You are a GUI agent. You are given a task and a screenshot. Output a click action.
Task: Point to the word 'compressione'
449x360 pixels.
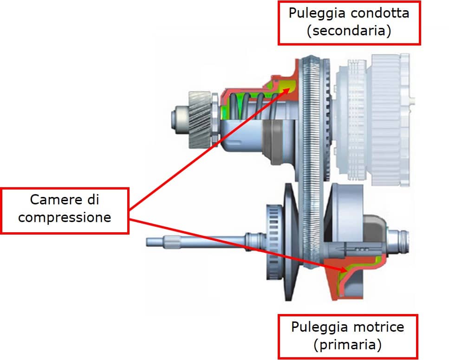[x=65, y=217]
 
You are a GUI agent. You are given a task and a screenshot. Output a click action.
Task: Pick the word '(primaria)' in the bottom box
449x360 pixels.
[x=348, y=345]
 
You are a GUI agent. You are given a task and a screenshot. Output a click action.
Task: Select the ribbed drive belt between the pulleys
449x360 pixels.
[x=312, y=139]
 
